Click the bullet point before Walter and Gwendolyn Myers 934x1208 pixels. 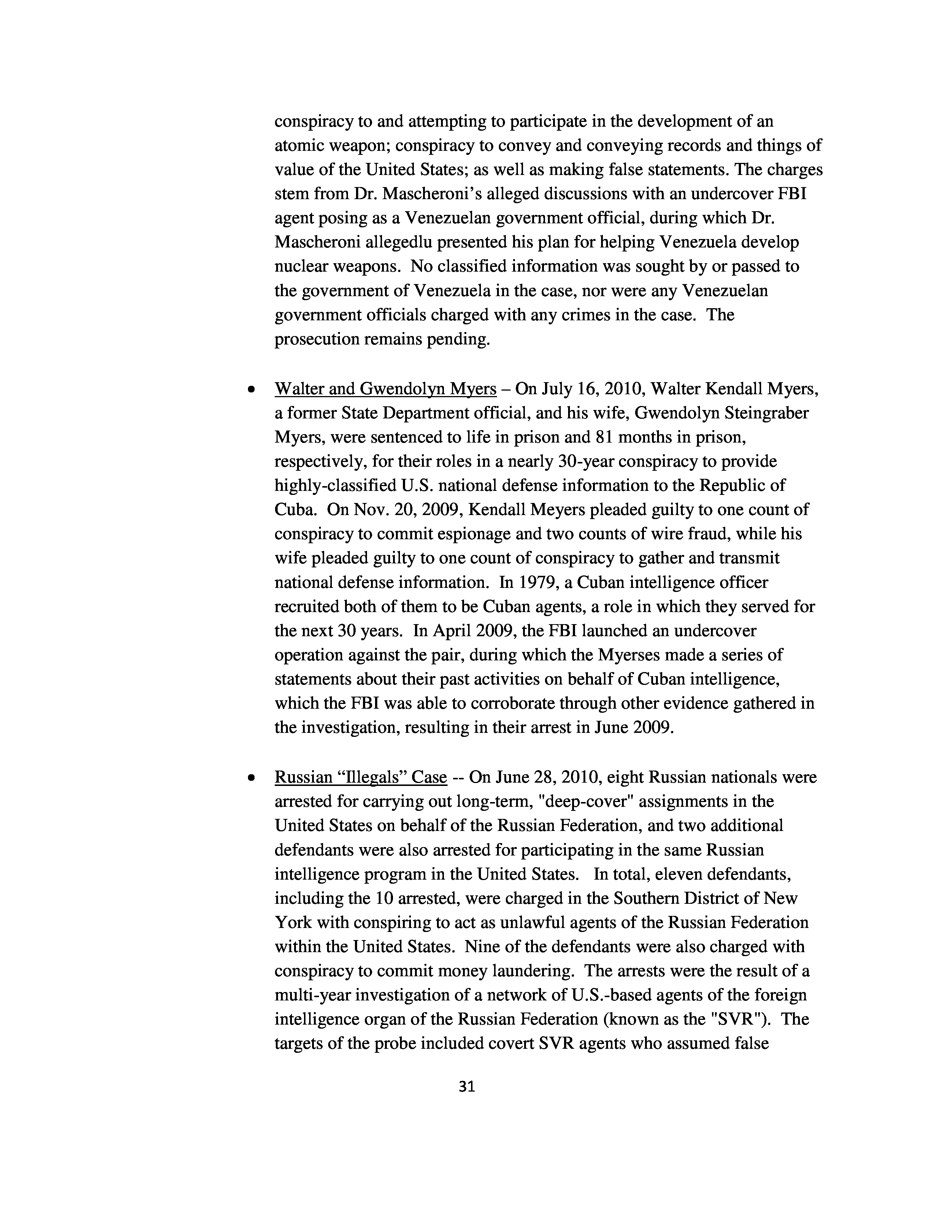(x=252, y=390)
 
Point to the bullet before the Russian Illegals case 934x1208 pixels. (x=252, y=778)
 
